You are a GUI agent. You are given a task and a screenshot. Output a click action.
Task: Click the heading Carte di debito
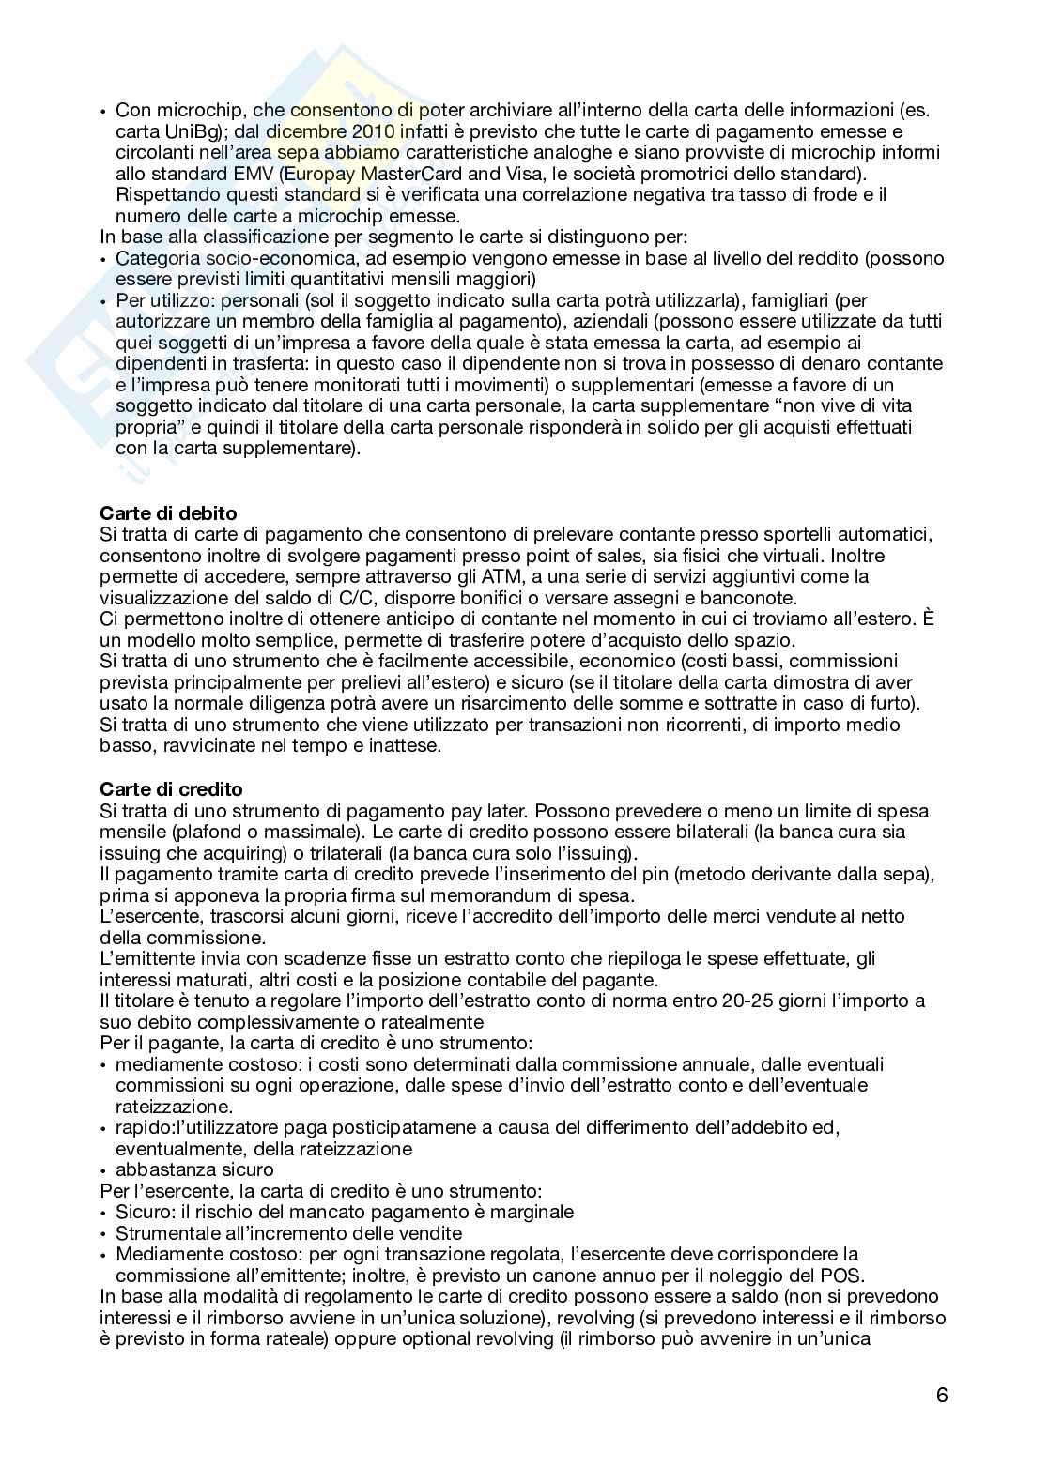[168, 513]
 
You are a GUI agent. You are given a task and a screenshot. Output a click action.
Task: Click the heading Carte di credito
[171, 789]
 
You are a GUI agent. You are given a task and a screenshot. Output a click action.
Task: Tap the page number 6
[942, 1395]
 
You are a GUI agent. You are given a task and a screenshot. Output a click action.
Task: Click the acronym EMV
[275, 174]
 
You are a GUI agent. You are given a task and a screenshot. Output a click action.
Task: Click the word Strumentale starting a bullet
[166, 1232]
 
